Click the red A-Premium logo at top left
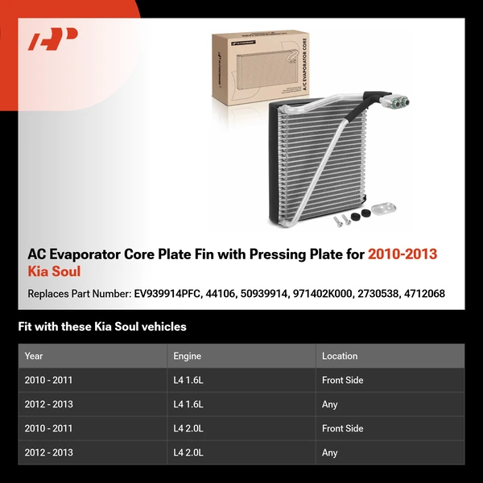(53, 39)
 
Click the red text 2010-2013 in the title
(402, 254)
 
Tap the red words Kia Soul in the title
(54, 272)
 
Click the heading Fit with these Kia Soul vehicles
(102, 327)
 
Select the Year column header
(34, 356)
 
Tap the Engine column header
(187, 356)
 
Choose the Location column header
(340, 356)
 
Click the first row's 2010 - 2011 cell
(48, 380)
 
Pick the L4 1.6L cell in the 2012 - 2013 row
(188, 404)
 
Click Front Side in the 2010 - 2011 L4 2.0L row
(343, 428)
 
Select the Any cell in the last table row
(330, 452)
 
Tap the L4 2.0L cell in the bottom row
(188, 452)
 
